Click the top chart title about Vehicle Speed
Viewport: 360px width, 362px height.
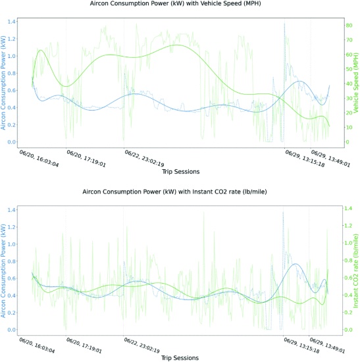pos(175,3)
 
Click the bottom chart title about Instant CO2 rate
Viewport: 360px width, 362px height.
pos(174,192)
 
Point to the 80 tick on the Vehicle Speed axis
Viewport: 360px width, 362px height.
pos(349,25)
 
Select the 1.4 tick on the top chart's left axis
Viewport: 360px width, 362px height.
pos(11,22)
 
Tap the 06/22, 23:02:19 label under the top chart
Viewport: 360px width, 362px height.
pos(144,158)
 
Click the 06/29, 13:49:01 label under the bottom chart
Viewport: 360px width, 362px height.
pos(327,346)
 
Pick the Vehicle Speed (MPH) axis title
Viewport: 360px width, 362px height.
pos(356,83)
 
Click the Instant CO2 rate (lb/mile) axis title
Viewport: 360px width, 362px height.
pos(355,271)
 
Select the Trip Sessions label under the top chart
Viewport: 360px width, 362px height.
pos(181,172)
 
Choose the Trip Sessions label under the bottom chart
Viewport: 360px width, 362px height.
pos(180,358)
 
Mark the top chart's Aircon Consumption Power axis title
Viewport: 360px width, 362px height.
pos(3,83)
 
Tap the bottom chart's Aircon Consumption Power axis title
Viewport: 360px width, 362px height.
pos(3,271)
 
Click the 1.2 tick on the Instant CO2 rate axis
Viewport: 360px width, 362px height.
pos(348,226)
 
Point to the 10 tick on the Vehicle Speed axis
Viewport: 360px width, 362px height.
pos(349,128)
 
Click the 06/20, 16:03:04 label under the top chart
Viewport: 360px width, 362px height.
pos(39,159)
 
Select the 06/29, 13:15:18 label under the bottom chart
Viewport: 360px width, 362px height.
pos(301,346)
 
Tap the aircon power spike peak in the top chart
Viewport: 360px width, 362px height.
pos(284,23)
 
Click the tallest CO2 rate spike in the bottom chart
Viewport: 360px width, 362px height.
pos(203,212)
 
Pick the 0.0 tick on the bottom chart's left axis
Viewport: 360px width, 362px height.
pos(11,330)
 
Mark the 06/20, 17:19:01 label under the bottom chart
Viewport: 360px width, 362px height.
pos(84,346)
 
